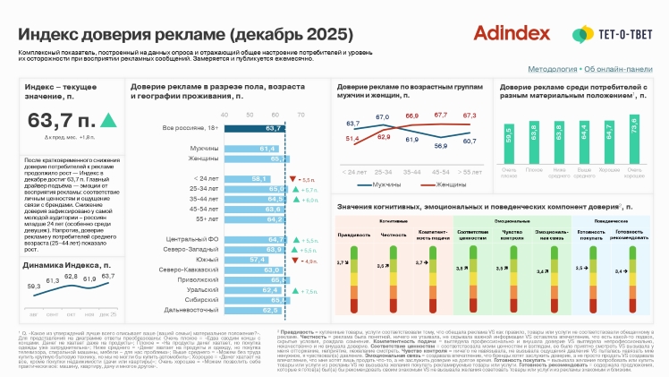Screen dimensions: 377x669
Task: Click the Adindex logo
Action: click(x=512, y=33)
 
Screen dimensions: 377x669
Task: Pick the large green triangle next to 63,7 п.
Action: click(x=108, y=120)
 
